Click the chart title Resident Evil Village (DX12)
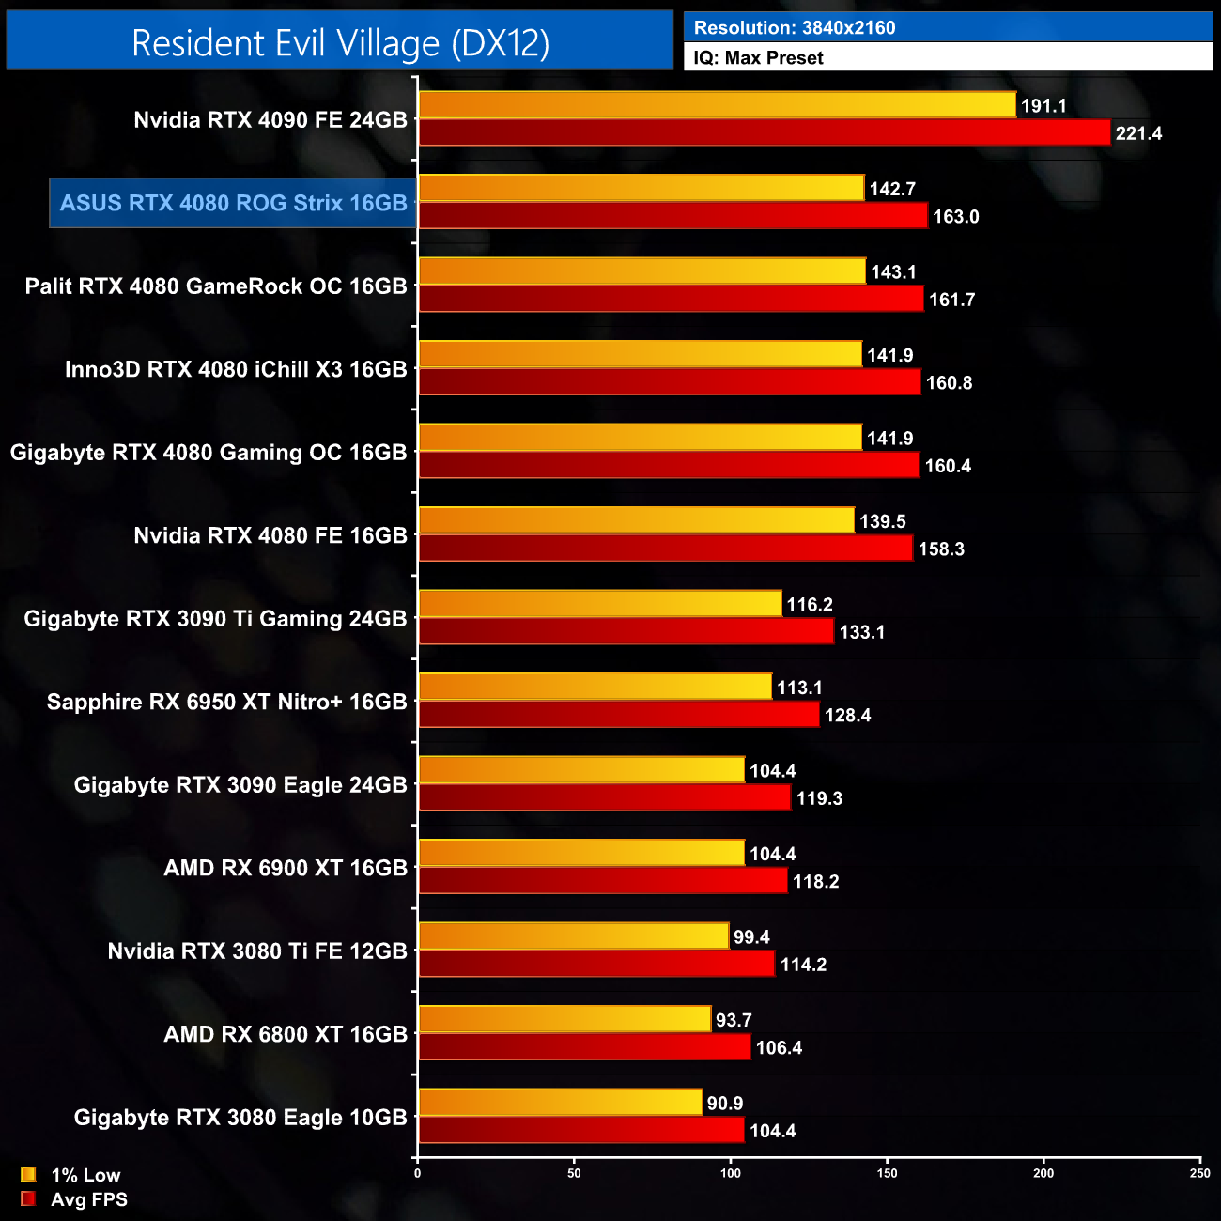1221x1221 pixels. tap(340, 43)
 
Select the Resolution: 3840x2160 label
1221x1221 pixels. tap(795, 28)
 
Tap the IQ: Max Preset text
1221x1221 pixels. tap(758, 58)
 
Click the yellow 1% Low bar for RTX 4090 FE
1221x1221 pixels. tap(717, 105)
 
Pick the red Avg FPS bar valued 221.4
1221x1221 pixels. tap(764, 133)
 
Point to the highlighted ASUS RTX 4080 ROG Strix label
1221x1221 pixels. tap(233, 203)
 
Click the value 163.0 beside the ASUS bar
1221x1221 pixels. tap(955, 217)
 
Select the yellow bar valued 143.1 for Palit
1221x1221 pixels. tap(641, 271)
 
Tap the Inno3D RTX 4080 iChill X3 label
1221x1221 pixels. tap(236, 369)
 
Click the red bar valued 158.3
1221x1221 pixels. tap(665, 549)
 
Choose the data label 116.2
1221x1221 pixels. tap(810, 605)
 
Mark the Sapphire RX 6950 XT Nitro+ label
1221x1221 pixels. tap(226, 703)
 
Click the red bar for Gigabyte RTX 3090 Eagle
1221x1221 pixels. tap(604, 798)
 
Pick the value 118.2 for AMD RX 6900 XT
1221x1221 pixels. tap(815, 882)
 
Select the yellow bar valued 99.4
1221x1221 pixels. tap(573, 936)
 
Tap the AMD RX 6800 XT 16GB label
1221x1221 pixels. tap(286, 1035)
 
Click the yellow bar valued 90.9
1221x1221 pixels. tap(560, 1103)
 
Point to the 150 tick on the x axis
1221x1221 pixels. tap(887, 1173)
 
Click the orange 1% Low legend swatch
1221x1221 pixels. tap(28, 1174)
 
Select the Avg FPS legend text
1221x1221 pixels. tap(89, 1199)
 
